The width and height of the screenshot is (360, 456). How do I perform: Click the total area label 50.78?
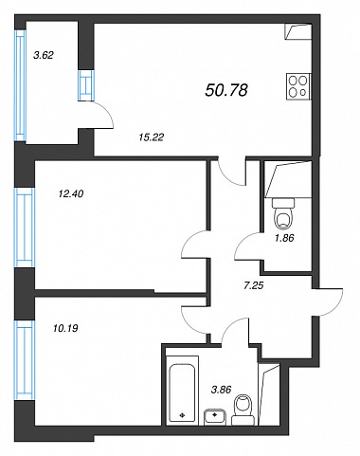pyautogui.click(x=226, y=90)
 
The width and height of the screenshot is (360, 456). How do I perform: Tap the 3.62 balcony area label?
pyautogui.click(x=44, y=55)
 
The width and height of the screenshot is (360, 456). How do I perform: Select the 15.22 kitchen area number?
pyautogui.click(x=152, y=137)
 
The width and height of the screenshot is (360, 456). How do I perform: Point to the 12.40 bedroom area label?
pyautogui.click(x=71, y=193)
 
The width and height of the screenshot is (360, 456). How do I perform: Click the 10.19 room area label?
pyautogui.click(x=64, y=328)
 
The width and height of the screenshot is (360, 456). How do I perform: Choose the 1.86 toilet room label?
pyautogui.click(x=284, y=238)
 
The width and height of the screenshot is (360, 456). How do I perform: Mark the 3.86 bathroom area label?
pyautogui.click(x=221, y=390)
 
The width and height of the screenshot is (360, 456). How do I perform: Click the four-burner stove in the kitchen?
pyautogui.click(x=298, y=87)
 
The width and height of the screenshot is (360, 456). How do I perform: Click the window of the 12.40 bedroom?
pyautogui.click(x=25, y=228)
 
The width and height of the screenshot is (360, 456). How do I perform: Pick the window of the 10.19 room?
pyautogui.click(x=25, y=360)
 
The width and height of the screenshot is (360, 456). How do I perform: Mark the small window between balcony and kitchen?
pyautogui.click(x=86, y=85)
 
